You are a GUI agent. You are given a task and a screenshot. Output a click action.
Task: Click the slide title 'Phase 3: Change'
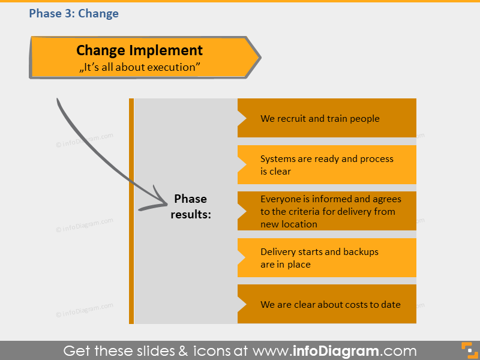tap(74, 13)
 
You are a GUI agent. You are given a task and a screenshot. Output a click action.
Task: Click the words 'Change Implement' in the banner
tap(139, 50)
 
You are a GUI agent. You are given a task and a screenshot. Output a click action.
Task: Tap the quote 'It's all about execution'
tap(139, 67)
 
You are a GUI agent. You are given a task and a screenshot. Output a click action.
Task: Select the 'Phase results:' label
tap(190, 206)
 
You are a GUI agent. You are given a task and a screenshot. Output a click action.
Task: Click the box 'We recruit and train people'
tap(327, 118)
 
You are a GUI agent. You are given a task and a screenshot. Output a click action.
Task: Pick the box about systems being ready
tap(327, 165)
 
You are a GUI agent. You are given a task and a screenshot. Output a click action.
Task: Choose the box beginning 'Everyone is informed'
tap(327, 211)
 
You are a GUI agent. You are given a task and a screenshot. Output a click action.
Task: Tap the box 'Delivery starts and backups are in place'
tap(327, 258)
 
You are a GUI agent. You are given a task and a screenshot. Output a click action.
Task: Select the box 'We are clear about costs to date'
tap(327, 304)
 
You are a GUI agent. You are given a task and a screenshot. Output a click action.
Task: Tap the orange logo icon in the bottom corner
tap(467, 350)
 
